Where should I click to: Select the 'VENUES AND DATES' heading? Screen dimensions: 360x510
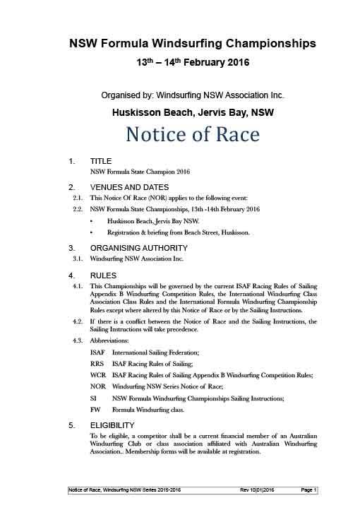click(x=129, y=187)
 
